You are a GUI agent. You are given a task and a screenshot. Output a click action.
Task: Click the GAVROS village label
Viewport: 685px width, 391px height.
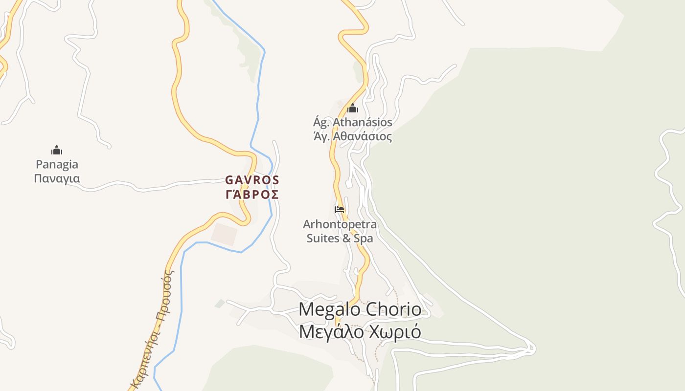click(252, 180)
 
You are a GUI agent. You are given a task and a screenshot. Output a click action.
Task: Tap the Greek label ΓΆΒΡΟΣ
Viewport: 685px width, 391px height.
click(252, 195)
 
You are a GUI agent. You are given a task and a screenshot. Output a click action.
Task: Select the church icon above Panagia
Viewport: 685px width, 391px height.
click(57, 150)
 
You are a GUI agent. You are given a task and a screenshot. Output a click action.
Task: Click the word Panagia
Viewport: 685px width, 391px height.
click(57, 164)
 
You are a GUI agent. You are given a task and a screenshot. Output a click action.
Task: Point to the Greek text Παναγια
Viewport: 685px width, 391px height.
click(57, 178)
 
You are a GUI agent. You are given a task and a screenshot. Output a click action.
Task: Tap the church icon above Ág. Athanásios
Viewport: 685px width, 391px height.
click(353, 108)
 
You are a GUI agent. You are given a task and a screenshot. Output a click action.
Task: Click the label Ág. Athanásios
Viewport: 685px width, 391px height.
click(352, 122)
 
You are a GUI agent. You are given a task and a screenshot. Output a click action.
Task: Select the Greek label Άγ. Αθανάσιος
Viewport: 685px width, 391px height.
click(352, 136)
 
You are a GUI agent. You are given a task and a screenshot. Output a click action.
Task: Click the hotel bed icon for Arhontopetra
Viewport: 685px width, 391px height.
click(340, 209)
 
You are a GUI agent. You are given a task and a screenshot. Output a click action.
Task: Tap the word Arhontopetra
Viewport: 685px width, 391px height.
click(340, 224)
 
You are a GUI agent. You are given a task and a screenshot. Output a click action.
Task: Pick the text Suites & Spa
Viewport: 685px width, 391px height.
click(340, 239)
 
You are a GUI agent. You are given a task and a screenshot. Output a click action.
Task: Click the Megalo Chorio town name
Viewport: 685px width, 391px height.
click(360, 309)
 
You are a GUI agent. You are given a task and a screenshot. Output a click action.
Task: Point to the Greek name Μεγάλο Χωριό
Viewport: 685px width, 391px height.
click(360, 332)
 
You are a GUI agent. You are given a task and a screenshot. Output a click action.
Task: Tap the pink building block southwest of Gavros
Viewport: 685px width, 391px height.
click(225, 235)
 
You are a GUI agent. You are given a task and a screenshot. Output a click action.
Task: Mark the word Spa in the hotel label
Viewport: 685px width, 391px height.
click(364, 239)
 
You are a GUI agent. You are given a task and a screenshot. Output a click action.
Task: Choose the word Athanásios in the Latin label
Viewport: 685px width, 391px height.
click(363, 122)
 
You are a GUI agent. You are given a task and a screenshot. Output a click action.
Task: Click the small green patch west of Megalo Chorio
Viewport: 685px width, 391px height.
click(220, 304)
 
